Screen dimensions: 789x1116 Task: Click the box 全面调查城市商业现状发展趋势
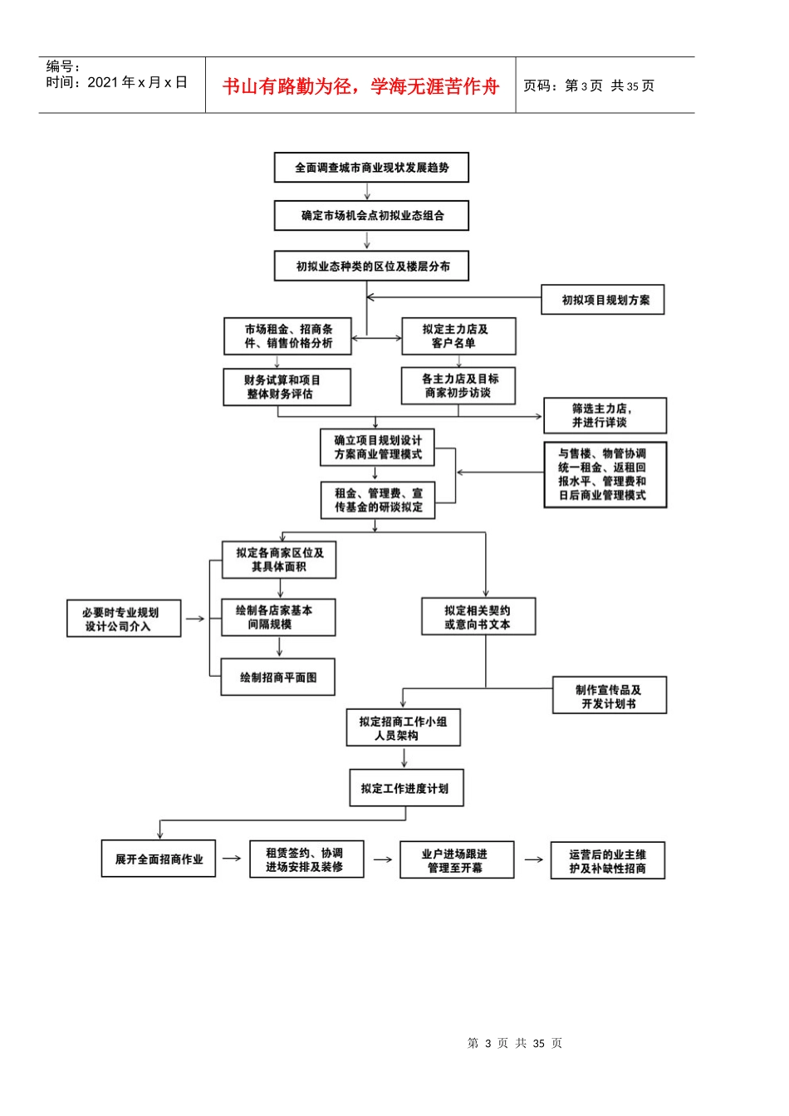point(371,168)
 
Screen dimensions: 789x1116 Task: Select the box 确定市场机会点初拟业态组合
point(371,215)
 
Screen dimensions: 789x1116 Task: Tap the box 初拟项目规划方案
point(603,300)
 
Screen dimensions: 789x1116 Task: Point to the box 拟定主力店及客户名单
point(458,336)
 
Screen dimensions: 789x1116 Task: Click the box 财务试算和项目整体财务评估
point(287,387)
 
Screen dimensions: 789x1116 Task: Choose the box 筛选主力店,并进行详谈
point(605,415)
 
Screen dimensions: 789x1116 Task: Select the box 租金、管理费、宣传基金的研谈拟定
point(378,500)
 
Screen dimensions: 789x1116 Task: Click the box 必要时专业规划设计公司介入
point(124,619)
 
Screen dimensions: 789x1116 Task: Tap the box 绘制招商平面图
point(278,677)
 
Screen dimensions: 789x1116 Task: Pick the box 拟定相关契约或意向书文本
point(478,616)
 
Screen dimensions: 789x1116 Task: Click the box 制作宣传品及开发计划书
point(610,695)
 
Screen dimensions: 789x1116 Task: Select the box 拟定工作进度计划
point(406,788)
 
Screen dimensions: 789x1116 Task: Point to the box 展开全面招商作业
point(159,859)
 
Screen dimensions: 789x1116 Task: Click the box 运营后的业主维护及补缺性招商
point(608,860)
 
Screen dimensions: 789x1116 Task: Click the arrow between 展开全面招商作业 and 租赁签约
point(232,859)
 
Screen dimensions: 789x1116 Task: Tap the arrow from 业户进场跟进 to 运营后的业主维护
point(533,859)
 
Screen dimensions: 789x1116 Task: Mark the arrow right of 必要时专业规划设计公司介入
point(195,619)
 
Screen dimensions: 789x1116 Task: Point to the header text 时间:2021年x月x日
point(116,82)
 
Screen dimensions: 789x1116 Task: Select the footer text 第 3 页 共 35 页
point(514,1043)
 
